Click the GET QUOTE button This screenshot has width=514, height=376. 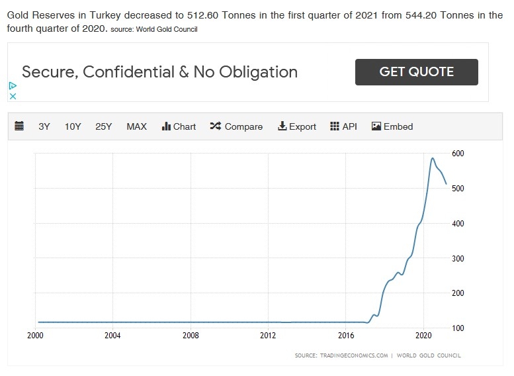[x=416, y=72]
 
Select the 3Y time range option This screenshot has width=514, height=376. [x=44, y=126]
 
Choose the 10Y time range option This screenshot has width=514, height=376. [x=73, y=126]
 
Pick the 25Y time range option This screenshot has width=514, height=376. [x=104, y=126]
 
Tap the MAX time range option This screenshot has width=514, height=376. [x=136, y=126]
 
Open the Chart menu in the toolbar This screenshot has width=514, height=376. [x=179, y=126]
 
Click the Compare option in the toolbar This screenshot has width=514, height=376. [x=236, y=126]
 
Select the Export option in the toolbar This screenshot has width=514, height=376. [x=297, y=126]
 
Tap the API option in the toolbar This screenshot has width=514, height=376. [x=343, y=126]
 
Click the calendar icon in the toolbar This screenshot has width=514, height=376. [x=19, y=126]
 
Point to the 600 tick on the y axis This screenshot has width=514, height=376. [x=458, y=154]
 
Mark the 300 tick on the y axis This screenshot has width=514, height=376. [x=458, y=258]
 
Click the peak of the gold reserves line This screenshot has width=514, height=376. [x=432, y=158]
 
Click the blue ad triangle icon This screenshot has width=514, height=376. [x=12, y=85]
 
